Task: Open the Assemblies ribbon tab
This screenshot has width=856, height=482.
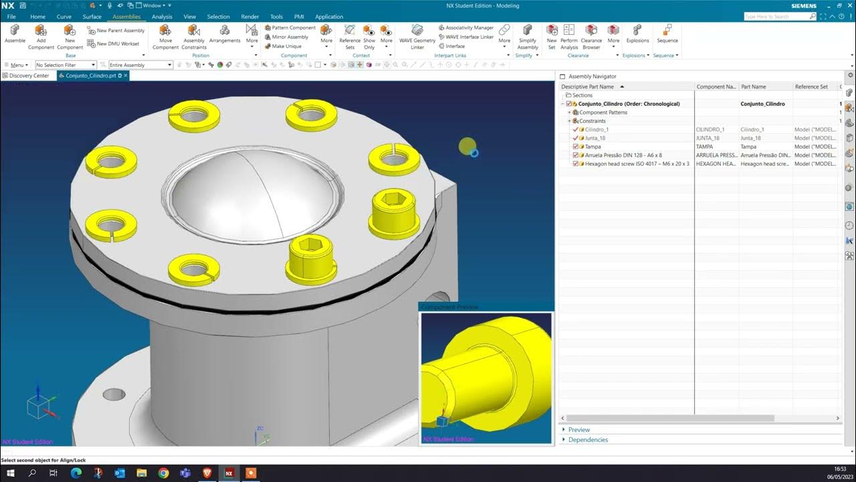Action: point(126,17)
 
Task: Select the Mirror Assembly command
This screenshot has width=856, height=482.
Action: point(290,37)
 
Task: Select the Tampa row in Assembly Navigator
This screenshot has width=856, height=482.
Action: point(593,147)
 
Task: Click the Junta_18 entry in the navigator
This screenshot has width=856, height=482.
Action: point(595,138)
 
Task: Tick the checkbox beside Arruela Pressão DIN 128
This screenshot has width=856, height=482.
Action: point(575,155)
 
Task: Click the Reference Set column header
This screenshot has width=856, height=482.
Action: point(811,87)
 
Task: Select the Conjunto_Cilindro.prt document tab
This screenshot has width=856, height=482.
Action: point(90,76)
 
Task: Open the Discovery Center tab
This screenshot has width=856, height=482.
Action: point(29,76)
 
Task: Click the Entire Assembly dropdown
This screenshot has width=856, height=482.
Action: point(140,65)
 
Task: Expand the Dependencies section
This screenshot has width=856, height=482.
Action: point(588,440)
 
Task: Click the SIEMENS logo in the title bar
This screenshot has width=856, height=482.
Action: point(804,6)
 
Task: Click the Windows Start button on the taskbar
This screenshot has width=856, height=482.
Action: point(10,473)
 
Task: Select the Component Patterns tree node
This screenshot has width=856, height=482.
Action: point(603,112)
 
